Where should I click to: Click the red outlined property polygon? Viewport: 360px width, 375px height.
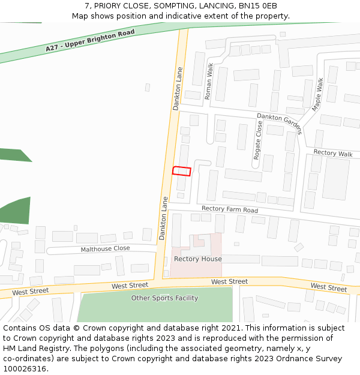[x=182, y=171]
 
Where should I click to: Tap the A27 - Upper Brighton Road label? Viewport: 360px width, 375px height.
[x=90, y=40]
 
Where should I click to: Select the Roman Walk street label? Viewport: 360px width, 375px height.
[x=209, y=81]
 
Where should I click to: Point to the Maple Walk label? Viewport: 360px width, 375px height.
[x=317, y=94]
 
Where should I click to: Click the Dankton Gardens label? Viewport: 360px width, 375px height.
[x=279, y=124]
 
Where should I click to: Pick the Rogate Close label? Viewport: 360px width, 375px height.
[x=258, y=140]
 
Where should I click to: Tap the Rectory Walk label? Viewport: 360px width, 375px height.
[x=333, y=153]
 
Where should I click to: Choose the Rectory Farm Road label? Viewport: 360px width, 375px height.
[x=230, y=209]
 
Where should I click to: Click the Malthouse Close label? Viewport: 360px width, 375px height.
[x=105, y=248]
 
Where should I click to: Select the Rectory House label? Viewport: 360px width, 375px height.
[x=197, y=259]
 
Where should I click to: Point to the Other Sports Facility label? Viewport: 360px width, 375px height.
[x=164, y=298]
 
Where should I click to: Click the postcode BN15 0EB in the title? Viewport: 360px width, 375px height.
[x=261, y=5]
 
